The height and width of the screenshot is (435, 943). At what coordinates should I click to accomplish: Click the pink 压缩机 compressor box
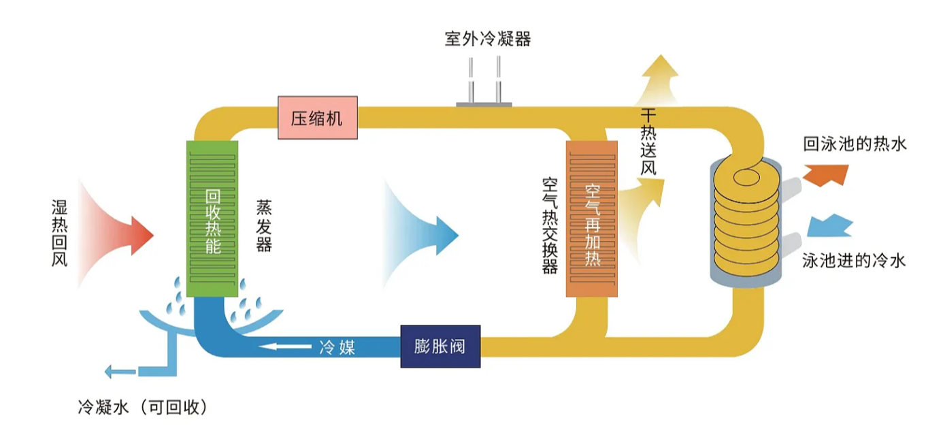coord(318,118)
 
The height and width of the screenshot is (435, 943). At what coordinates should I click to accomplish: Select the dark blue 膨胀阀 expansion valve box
coord(440,347)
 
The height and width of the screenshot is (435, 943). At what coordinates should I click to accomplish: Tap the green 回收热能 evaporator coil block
coord(212,219)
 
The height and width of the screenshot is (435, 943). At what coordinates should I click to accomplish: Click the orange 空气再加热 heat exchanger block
coord(592,219)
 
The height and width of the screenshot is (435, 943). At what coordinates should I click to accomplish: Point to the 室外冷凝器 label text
coord(487,39)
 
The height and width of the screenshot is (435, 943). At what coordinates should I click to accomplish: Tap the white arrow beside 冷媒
coord(288,347)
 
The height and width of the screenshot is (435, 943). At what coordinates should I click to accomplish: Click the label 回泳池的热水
coord(855,144)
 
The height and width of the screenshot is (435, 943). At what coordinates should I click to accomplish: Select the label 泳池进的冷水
coord(854,261)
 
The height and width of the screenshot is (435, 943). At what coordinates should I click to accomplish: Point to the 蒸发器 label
coord(264,225)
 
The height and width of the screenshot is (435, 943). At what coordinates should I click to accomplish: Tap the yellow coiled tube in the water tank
coord(745,218)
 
